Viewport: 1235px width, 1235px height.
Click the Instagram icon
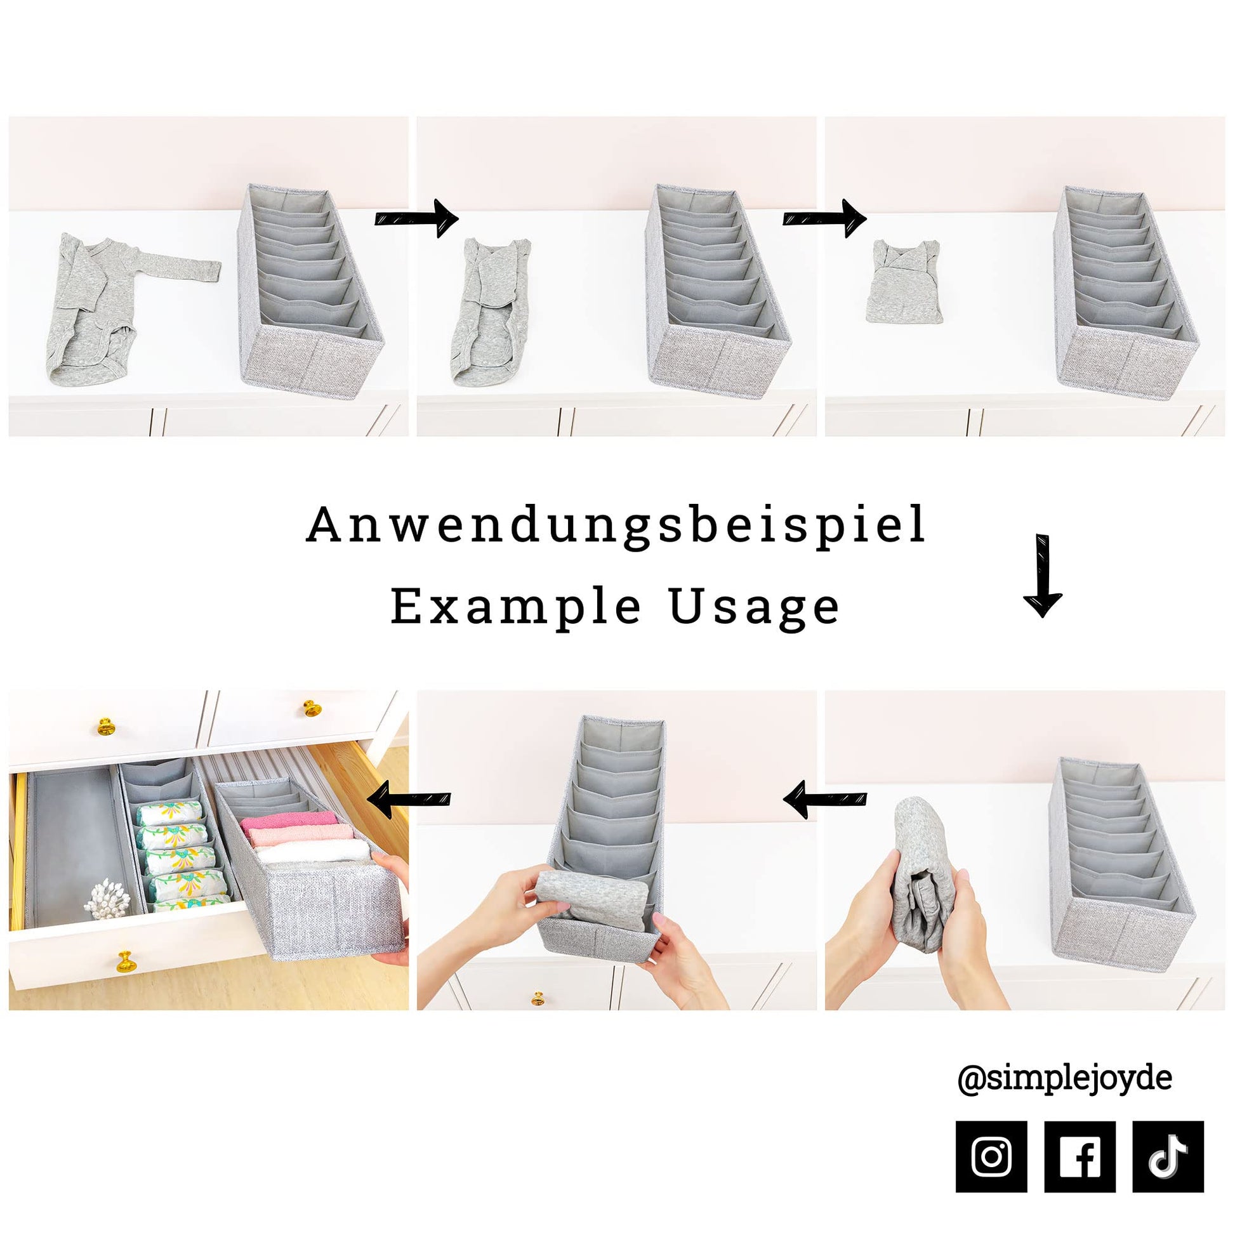coord(991,1156)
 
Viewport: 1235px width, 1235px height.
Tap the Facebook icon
coord(1080,1156)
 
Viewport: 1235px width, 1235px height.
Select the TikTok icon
coord(1168,1156)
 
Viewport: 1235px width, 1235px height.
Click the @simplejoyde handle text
coord(1064,1079)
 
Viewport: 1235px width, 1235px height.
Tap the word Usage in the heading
coord(755,608)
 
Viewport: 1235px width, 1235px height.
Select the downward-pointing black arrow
coord(1043,575)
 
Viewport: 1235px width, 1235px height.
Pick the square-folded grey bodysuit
coord(903,280)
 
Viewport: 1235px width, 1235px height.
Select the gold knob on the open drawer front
coord(126,962)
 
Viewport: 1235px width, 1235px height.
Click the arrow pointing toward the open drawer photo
coord(409,799)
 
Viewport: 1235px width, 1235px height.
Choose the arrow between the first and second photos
coord(416,218)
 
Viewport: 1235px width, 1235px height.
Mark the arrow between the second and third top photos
coord(824,218)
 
